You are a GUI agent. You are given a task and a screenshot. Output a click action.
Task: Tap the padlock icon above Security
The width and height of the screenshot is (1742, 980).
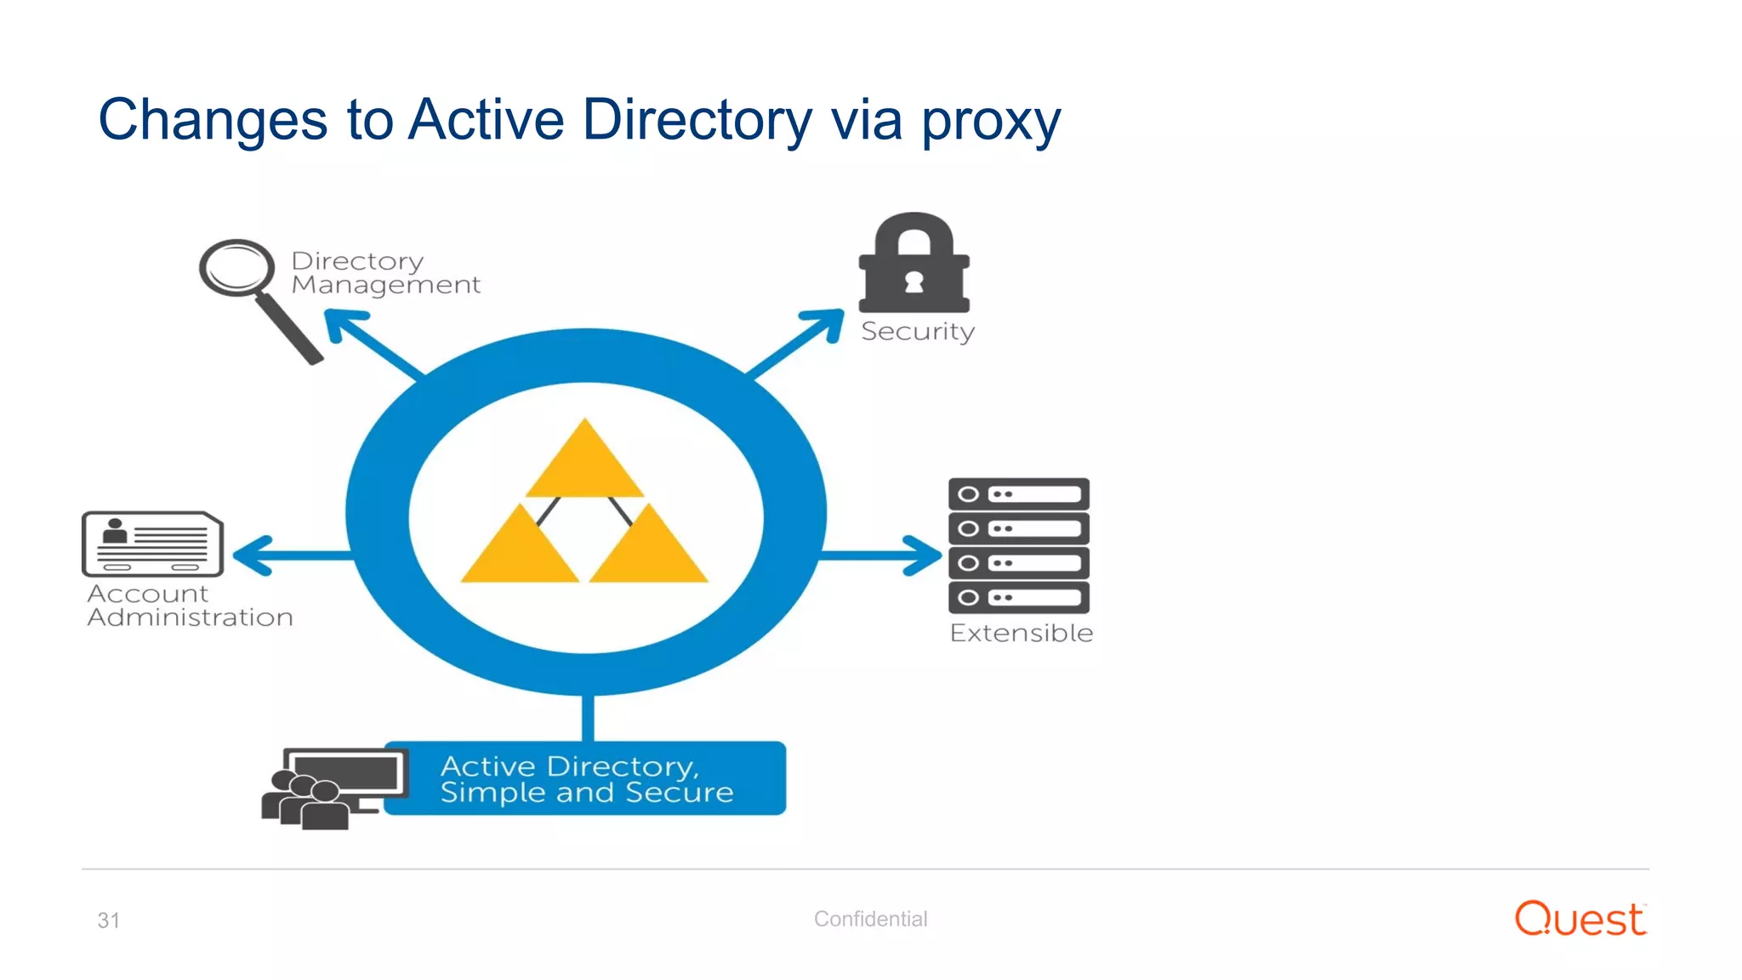(x=914, y=263)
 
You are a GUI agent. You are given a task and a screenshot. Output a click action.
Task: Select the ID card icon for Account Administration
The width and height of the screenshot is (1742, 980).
(x=152, y=544)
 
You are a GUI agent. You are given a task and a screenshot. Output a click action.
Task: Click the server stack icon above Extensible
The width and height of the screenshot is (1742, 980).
(x=1018, y=545)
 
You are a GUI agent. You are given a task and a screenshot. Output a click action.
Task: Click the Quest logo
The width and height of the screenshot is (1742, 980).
(x=1580, y=919)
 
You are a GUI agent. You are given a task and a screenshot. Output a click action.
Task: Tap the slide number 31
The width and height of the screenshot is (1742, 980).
(x=108, y=920)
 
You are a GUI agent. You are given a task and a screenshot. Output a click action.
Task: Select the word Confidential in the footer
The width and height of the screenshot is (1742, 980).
(x=870, y=919)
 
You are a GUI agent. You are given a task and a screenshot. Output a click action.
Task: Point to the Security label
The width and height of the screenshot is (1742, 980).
(x=917, y=331)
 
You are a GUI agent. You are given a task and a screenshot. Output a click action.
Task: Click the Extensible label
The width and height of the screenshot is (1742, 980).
(x=1021, y=633)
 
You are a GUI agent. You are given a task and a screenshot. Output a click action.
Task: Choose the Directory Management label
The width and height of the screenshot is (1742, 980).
(x=385, y=272)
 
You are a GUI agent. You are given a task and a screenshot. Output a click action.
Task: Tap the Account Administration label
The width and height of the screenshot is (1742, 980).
(x=190, y=605)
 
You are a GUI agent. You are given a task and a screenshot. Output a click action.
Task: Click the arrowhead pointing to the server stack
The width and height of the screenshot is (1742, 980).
(x=925, y=556)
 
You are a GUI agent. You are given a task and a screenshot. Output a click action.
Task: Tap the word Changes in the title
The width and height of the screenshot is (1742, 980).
(x=213, y=120)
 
